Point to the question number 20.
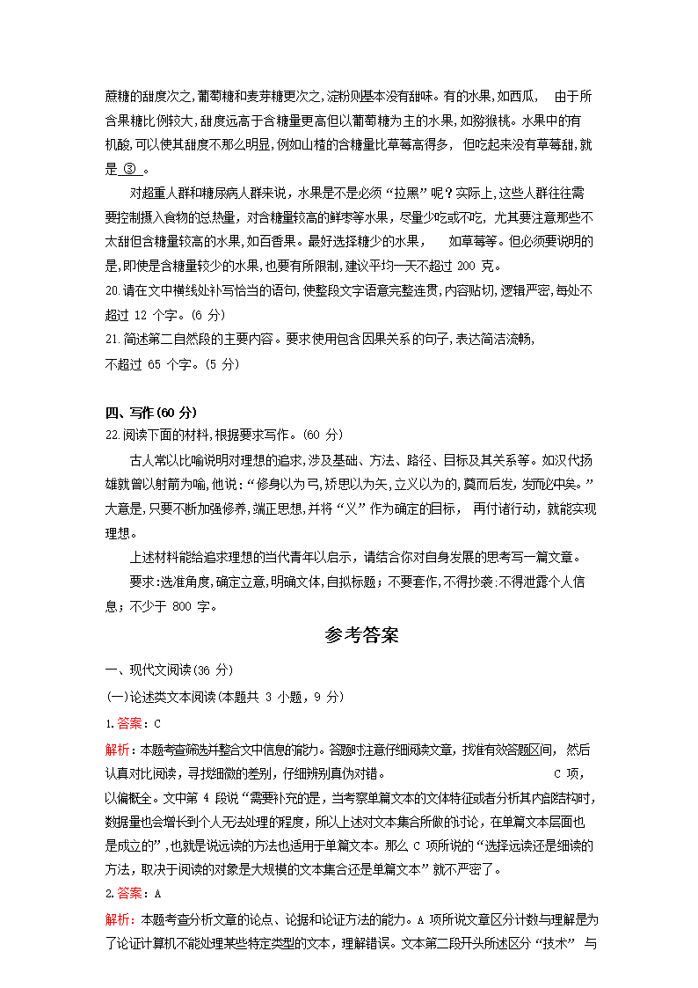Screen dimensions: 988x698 (112, 289)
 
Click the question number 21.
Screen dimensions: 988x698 (112, 339)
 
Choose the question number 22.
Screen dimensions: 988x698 (112, 435)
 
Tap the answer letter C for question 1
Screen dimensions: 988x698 (157, 724)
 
